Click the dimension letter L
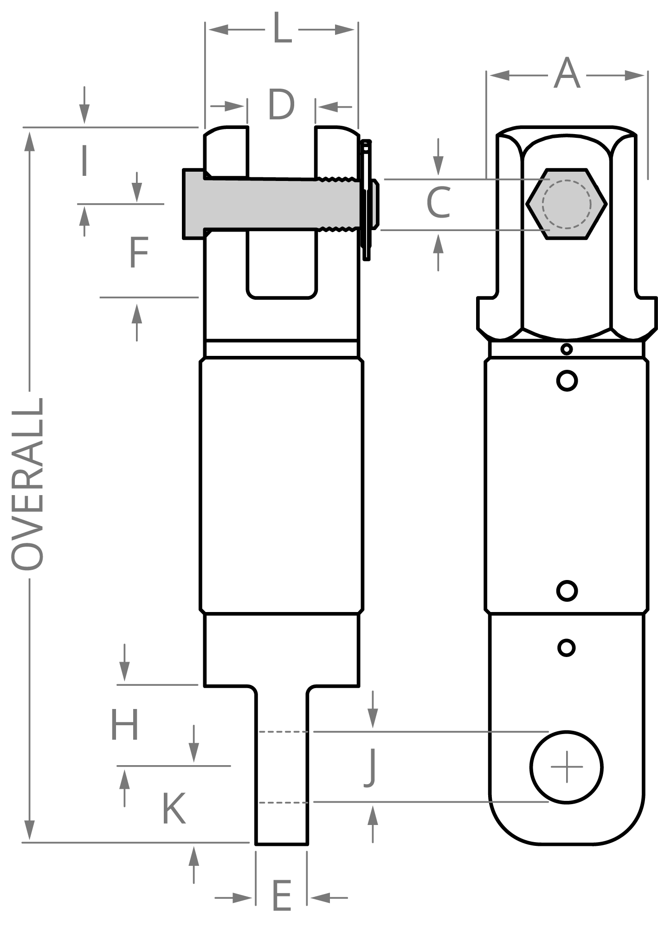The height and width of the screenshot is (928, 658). pyautogui.click(x=282, y=29)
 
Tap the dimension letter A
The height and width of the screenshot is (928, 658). pyautogui.click(x=567, y=73)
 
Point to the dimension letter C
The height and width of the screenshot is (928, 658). pyautogui.click(x=439, y=202)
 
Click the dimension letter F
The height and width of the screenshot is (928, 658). pyautogui.click(x=139, y=252)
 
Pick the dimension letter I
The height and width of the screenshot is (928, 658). pyautogui.click(x=84, y=161)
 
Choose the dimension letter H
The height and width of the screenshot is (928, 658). pyautogui.click(x=124, y=724)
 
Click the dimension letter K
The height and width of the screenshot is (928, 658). pyautogui.click(x=174, y=808)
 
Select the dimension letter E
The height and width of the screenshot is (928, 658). pyautogui.click(x=281, y=895)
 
